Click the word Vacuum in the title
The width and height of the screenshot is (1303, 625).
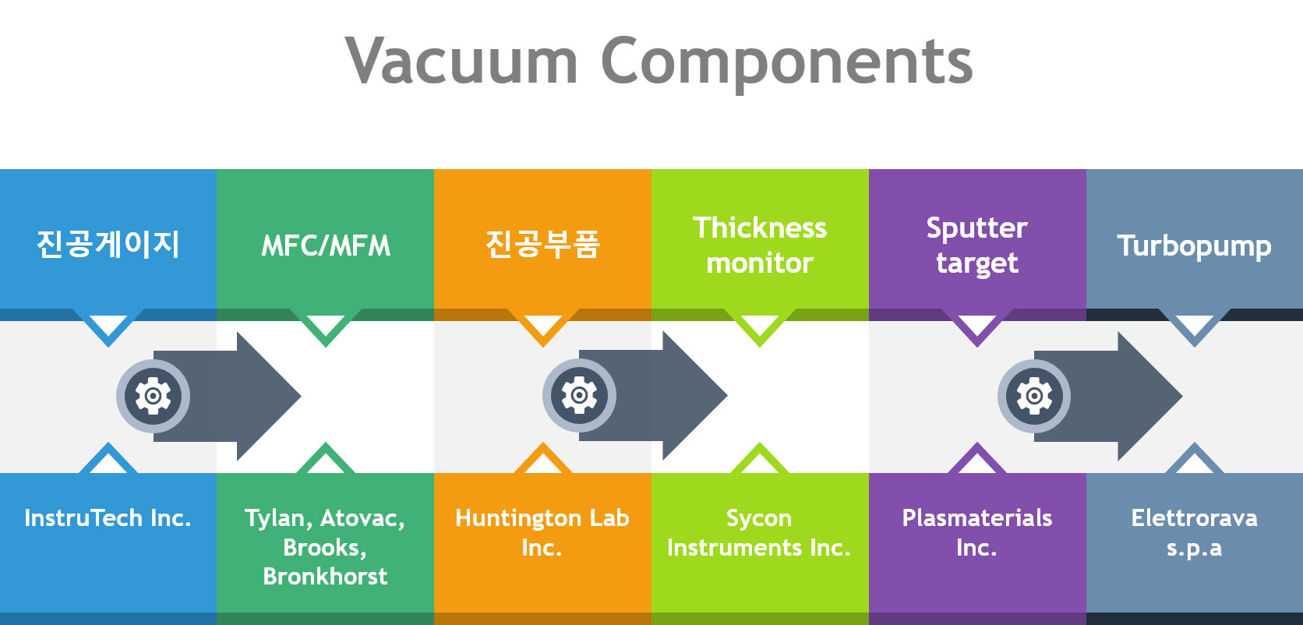point(461,61)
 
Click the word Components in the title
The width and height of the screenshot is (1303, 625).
point(787,64)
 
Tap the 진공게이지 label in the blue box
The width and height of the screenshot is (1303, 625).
point(108,244)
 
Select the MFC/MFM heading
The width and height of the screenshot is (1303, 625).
point(326,245)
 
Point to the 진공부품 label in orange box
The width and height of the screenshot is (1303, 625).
point(542,244)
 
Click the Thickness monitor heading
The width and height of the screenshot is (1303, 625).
point(760,245)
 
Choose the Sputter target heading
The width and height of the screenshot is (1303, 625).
point(977,245)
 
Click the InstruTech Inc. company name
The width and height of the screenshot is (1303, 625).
point(108,518)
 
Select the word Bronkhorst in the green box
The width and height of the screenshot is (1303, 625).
point(325,577)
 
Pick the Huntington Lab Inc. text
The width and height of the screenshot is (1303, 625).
point(542,532)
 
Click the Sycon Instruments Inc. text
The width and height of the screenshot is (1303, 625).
point(759,532)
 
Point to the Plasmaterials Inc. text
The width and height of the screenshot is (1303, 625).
point(977,532)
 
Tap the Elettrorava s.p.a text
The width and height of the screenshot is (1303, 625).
point(1194,532)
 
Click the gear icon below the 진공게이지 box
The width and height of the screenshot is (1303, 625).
point(153,397)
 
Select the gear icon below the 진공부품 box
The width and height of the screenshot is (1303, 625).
point(579,396)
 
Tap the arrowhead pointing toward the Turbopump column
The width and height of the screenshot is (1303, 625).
point(1149,397)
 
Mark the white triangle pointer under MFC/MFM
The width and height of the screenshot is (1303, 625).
point(325,323)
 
